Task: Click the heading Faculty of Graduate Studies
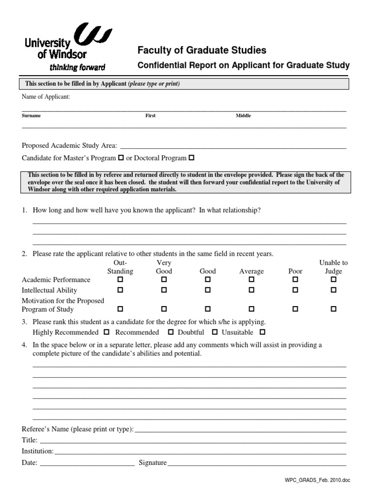(202, 50)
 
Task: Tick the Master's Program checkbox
(121, 158)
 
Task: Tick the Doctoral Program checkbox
(191, 158)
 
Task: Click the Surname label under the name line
(31, 116)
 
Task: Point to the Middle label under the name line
(243, 116)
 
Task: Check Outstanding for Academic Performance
(120, 279)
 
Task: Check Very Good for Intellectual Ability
(164, 290)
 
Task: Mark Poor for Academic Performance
(295, 279)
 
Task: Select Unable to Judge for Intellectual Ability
(333, 290)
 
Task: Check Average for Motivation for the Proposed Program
(251, 309)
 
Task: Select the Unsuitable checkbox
(262, 332)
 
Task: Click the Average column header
(251, 271)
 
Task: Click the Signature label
(152, 463)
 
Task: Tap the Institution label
(37, 451)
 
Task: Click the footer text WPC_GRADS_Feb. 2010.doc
(317, 480)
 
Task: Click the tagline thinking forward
(77, 67)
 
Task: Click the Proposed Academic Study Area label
(69, 145)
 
